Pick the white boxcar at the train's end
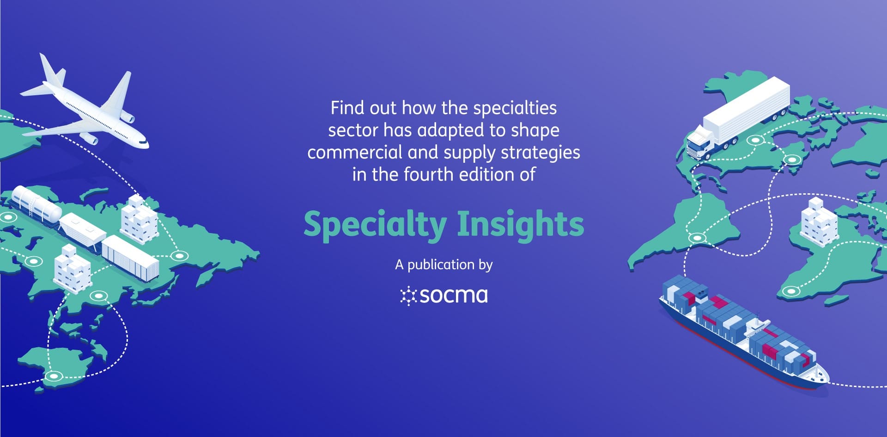[x=130, y=257]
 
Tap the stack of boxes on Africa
[x=819, y=220]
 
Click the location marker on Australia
[x=54, y=376]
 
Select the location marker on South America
[x=697, y=238]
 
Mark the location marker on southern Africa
[x=791, y=291]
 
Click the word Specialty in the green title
[x=375, y=225]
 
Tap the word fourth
[x=425, y=174]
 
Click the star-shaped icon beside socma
[x=408, y=296]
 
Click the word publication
[x=441, y=265]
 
